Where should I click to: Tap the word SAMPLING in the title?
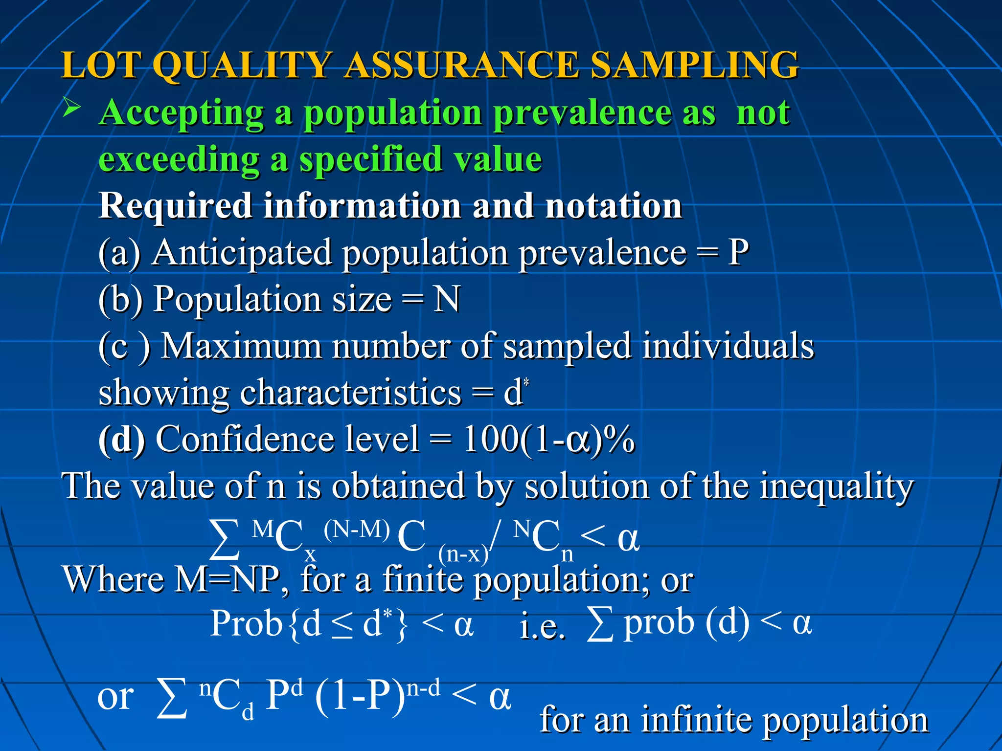coord(695,65)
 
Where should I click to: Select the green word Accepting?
coord(181,113)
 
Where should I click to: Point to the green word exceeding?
coord(179,159)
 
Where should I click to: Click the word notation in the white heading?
coord(614,206)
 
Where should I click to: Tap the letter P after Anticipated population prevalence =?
coord(738,252)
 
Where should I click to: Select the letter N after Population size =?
coord(446,299)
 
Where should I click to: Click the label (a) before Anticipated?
coord(119,252)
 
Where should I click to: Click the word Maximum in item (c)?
coord(241,346)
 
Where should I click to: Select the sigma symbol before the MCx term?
coord(225,539)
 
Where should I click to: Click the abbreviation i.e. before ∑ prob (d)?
coord(542,627)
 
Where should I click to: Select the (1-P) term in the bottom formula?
coord(360,697)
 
